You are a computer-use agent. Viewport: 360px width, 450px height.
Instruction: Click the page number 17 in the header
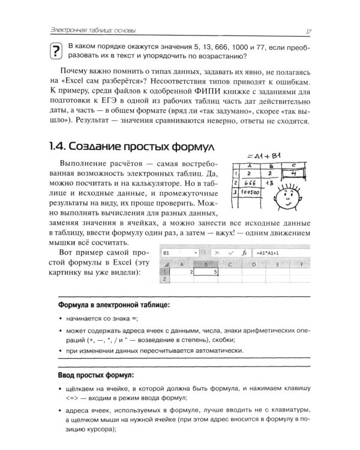pyautogui.click(x=307, y=31)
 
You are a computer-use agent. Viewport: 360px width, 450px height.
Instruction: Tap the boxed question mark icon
pyautogui.click(x=56, y=52)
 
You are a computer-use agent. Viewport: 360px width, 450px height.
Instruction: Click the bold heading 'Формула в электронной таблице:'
pyautogui.click(x=113, y=305)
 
